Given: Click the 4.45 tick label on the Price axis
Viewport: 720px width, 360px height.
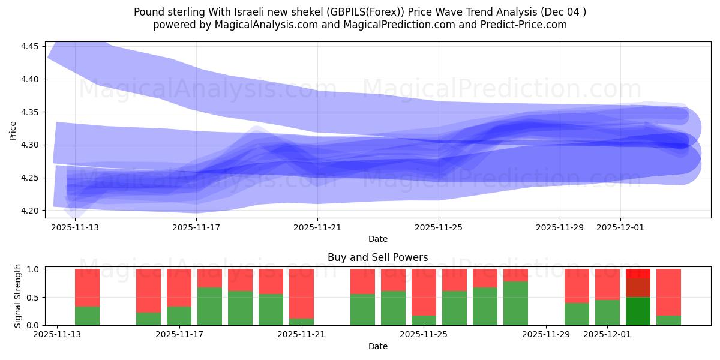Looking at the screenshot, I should pos(31,47).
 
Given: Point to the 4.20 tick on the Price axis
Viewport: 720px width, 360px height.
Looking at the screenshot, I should pos(31,211).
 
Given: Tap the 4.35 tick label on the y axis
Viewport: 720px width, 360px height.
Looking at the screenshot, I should pos(31,112).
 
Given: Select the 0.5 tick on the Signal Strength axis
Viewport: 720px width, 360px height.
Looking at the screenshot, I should pos(34,298).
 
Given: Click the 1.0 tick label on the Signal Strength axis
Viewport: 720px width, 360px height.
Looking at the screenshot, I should pos(34,269).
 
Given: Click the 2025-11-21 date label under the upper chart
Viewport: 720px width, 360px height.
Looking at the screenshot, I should pos(317,227).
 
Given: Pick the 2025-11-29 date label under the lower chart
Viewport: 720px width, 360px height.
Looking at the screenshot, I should pos(546,335).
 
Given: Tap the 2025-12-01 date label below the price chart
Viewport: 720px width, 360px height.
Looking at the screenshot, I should pos(620,227).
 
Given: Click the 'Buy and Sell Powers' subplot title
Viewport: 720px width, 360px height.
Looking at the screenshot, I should pos(377,257).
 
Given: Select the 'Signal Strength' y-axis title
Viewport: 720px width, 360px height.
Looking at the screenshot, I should pos(18,296).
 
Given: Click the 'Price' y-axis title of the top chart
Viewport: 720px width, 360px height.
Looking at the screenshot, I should pos(13,130).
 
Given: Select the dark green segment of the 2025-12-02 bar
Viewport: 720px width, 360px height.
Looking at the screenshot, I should pos(638,311).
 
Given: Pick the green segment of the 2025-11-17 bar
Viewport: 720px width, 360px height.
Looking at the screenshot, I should pos(179,316).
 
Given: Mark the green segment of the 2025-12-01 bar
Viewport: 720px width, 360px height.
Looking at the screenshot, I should pos(607,312).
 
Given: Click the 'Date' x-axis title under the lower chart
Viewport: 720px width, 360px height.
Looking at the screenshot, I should pos(377,346).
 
